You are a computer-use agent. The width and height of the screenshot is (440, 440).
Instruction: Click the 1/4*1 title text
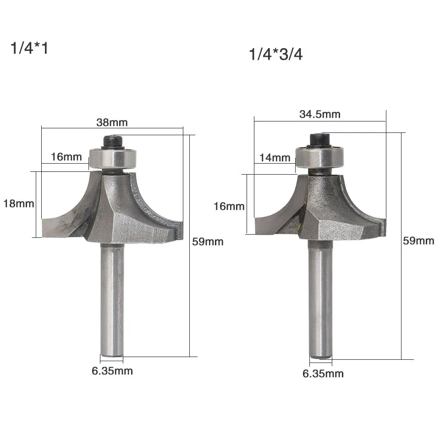(29, 48)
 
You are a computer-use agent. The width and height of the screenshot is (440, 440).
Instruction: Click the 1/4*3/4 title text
(276, 54)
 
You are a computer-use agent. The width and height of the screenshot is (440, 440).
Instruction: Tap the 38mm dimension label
(112, 122)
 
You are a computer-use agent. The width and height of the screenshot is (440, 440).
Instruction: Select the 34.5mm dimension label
(320, 114)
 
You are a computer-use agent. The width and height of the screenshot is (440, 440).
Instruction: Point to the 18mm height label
(18, 203)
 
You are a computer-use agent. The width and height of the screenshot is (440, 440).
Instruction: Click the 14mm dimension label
(275, 158)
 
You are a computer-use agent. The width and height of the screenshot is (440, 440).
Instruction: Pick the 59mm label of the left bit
(208, 242)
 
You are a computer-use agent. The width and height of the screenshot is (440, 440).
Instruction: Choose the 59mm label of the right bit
(418, 241)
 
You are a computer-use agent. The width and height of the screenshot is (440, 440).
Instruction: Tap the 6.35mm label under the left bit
(112, 371)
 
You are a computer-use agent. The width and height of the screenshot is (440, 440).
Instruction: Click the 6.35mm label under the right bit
(323, 374)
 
